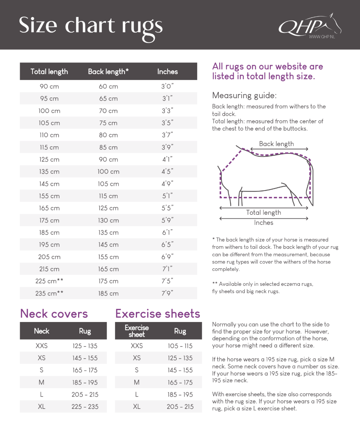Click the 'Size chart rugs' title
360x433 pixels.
(91, 26)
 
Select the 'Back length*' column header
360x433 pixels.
(108, 72)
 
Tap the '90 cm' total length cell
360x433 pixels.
(49, 87)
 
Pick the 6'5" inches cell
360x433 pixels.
(167, 245)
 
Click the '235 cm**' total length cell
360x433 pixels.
(49, 293)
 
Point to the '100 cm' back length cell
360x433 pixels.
(108, 172)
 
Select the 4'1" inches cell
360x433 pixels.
(167, 160)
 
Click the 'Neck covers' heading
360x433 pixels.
(54, 314)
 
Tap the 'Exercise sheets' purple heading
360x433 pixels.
(158, 314)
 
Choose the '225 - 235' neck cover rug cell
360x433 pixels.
(85, 407)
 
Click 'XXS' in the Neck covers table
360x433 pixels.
(42, 346)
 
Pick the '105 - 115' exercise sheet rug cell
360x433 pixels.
(180, 346)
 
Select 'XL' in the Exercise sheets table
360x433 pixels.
(137, 407)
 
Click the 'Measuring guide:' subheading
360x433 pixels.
(244, 96)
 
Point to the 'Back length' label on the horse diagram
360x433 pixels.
(276, 144)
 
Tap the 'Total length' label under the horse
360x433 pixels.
(264, 212)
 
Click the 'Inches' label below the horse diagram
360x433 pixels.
(264, 223)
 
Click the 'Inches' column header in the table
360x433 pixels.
(167, 72)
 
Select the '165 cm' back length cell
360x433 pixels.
(108, 269)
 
